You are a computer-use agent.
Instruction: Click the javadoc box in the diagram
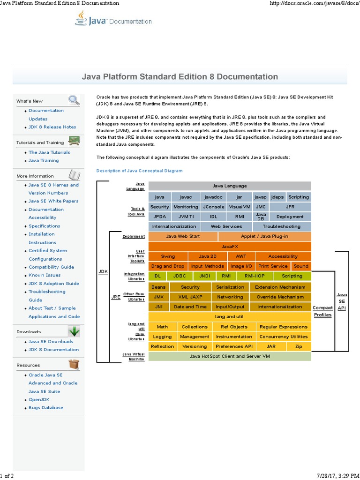pyautogui.click(x=213, y=197)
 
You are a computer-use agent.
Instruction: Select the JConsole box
pyautogui.click(x=214, y=207)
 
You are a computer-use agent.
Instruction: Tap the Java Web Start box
pyautogui.click(x=183, y=236)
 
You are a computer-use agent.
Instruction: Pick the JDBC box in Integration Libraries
pyautogui.click(x=180, y=276)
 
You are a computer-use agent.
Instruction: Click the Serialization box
pyautogui.click(x=230, y=287)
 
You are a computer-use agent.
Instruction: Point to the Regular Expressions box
pyautogui.click(x=283, y=327)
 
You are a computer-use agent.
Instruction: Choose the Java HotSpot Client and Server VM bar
pyautogui.click(x=230, y=356)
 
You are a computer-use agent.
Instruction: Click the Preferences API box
pyautogui.click(x=233, y=346)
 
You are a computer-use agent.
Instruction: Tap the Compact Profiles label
pyautogui.click(x=322, y=311)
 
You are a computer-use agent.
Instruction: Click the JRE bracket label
pyautogui.click(x=115, y=297)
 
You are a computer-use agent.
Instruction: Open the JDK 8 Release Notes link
pyautogui.click(x=52, y=127)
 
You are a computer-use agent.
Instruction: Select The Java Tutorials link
pyautogui.click(x=49, y=152)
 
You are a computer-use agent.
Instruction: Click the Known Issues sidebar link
pyautogui.click(x=45, y=275)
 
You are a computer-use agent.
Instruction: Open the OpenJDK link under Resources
pyautogui.click(x=39, y=399)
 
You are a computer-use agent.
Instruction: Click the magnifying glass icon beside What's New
pyautogui.click(x=74, y=100)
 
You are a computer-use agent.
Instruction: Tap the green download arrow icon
pyautogui.click(x=74, y=331)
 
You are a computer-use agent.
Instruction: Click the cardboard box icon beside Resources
pyautogui.click(x=74, y=364)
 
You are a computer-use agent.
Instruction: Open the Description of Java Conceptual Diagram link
pyautogui.click(x=139, y=171)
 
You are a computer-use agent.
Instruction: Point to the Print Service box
pyautogui.click(x=273, y=266)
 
